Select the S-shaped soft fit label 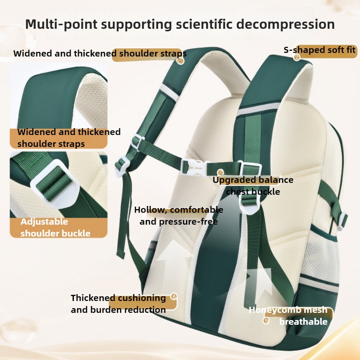[319, 50]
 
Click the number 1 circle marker [180, 61]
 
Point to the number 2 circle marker [297, 57]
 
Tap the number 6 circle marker [174, 296]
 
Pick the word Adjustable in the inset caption [44, 221]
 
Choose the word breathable [303, 321]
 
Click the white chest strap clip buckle [195, 167]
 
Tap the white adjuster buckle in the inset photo [55, 184]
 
